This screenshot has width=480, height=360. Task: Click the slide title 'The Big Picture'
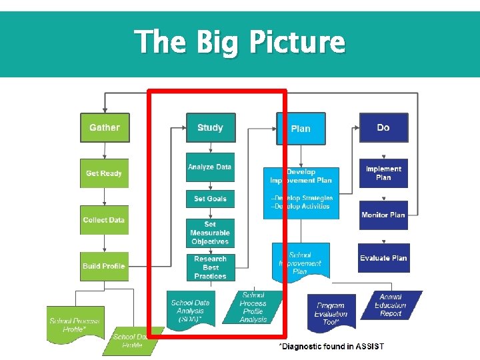(x=240, y=42)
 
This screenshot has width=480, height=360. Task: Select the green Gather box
(x=105, y=127)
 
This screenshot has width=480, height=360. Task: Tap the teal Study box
(x=210, y=127)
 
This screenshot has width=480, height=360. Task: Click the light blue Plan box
(x=301, y=128)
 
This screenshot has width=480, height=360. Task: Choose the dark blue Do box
(x=383, y=127)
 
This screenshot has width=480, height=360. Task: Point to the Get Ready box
(x=104, y=173)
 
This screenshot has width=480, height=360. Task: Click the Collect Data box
(x=104, y=220)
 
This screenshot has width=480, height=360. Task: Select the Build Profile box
(x=104, y=266)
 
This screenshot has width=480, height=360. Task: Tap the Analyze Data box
(x=210, y=167)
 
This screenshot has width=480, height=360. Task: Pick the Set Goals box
(x=210, y=199)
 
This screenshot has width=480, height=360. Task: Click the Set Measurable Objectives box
(x=210, y=233)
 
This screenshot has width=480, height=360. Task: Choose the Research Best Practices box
(x=210, y=267)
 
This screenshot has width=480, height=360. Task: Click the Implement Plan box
(x=383, y=173)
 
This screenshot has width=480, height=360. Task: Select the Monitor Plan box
(x=383, y=215)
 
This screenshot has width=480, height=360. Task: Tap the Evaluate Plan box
(x=383, y=258)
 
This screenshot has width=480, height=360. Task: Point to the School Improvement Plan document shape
(x=300, y=263)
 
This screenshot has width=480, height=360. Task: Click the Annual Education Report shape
(x=391, y=305)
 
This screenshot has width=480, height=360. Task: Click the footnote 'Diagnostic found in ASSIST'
(x=331, y=347)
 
